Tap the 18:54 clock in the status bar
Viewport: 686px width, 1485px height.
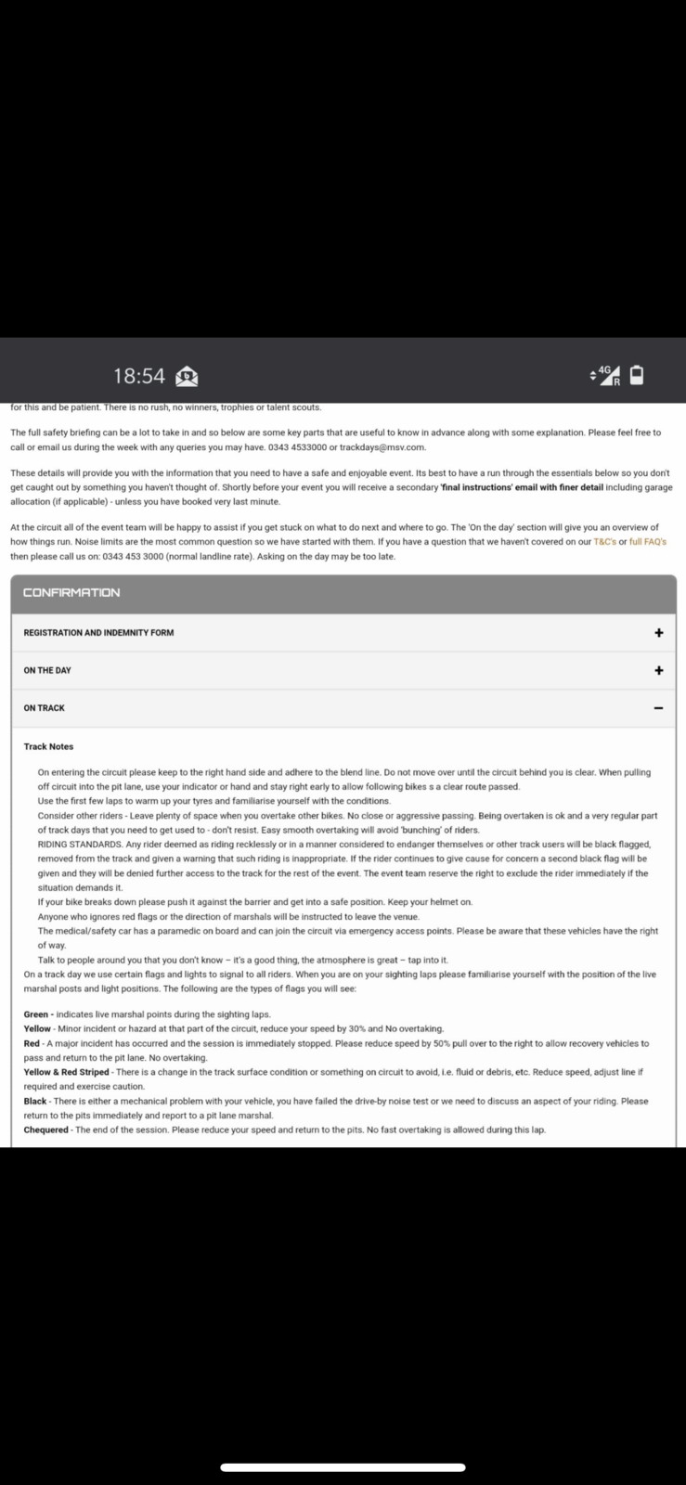coord(139,376)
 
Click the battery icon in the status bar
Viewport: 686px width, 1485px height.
coord(636,375)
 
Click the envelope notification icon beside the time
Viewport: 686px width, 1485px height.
coord(187,376)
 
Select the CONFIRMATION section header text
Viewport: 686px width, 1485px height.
coord(71,593)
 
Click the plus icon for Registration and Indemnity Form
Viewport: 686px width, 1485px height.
coord(658,633)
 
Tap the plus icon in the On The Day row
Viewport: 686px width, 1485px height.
coord(658,670)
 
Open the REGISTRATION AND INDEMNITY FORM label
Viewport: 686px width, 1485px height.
coord(98,633)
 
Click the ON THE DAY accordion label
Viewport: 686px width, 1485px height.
coord(47,670)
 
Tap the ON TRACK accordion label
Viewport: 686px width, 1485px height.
coord(45,708)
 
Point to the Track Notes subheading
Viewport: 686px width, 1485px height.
coord(48,746)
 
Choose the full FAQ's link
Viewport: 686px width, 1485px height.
coord(648,542)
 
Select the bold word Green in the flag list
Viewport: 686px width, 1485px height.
coord(36,1014)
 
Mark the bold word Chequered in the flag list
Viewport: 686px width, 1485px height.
coord(45,1130)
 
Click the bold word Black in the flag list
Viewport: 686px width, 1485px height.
coord(35,1101)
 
